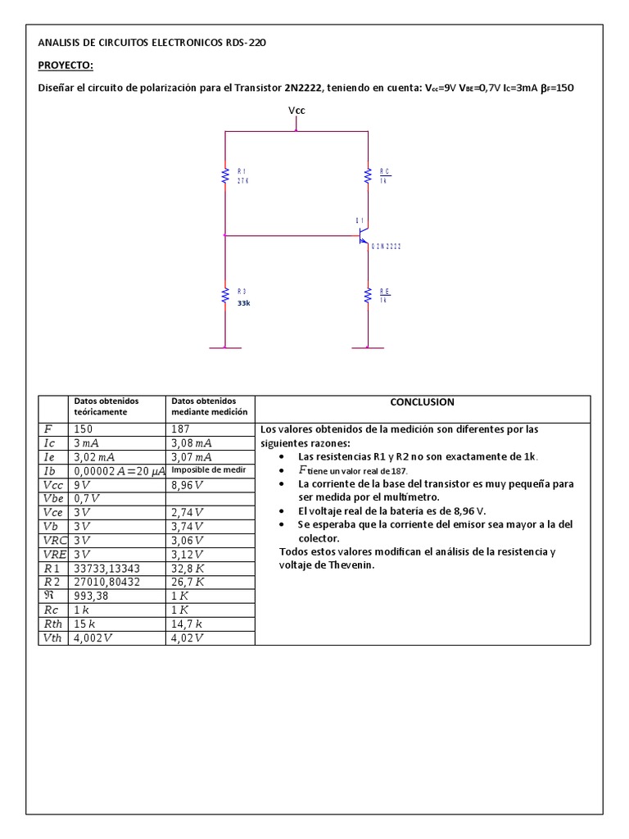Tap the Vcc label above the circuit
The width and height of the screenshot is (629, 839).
296,110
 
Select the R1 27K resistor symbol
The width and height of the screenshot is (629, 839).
225,175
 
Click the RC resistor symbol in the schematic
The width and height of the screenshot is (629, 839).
368,175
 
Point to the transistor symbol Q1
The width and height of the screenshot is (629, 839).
364,237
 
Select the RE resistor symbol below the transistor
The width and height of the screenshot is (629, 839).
368,296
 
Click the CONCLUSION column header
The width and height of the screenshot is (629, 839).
422,402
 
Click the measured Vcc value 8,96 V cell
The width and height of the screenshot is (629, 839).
190,484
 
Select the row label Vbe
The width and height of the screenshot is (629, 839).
52,498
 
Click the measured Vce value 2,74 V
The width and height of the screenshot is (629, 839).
190,512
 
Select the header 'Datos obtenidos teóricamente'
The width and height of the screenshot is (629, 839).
106,406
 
